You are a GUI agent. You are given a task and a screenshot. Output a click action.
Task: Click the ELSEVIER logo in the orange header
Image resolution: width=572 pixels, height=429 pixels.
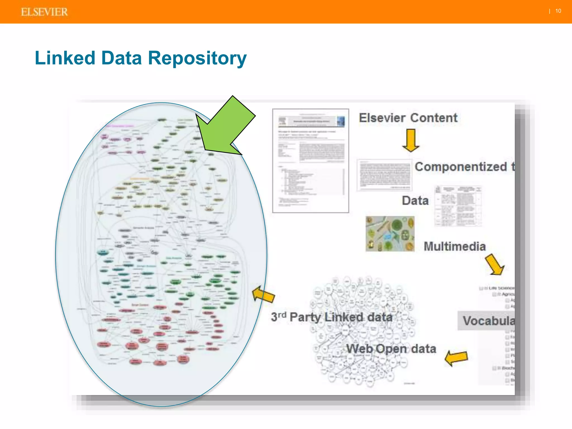pos(44,12)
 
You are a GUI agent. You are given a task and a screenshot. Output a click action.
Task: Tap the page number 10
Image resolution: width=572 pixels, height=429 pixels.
pos(558,11)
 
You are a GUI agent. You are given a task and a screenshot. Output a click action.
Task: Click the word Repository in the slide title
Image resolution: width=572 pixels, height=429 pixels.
pos(197,58)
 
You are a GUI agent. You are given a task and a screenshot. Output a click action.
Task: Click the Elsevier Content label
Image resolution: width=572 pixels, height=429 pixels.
pos(408,118)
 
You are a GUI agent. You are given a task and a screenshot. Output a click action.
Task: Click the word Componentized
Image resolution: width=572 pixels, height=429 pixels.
pos(461,167)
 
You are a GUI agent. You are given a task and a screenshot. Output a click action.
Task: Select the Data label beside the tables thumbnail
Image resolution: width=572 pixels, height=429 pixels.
pos(415,201)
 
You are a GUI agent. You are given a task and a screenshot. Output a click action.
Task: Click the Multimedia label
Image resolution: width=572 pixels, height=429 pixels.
pos(455,246)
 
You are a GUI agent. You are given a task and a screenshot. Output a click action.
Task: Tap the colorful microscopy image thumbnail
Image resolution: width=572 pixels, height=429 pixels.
pos(390,234)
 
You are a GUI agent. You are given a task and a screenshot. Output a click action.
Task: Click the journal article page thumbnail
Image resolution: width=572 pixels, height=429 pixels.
pos(311,161)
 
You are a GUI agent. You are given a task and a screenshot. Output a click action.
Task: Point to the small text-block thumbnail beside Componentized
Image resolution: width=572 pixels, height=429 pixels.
pos(385,175)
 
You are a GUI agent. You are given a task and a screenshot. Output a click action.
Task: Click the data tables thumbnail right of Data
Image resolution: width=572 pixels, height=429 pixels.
pos(458,206)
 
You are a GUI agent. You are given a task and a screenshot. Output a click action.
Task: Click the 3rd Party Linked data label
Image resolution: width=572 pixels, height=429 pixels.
pos(332,317)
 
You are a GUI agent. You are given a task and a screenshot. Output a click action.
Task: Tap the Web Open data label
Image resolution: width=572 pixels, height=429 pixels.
pos(391,349)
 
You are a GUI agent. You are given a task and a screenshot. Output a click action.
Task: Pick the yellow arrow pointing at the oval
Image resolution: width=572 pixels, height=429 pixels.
pos(263,295)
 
